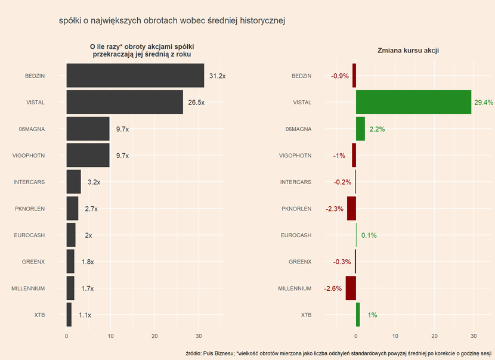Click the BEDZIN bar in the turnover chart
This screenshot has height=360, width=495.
pyautogui.click(x=135, y=76)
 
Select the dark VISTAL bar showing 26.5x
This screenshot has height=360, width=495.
pyautogui.click(x=125, y=103)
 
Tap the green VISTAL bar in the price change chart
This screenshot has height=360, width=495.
pyautogui.click(x=413, y=103)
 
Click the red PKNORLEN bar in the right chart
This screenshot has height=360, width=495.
pyautogui.click(x=351, y=209)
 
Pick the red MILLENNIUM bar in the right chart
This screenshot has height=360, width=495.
pyautogui.click(x=351, y=288)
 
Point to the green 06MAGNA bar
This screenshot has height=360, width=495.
pyautogui.click(x=360, y=129)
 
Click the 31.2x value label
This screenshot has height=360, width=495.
pyautogui.click(x=217, y=76)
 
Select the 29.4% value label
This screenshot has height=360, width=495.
pyautogui.click(x=484, y=103)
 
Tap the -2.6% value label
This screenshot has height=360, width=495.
pyautogui.click(x=333, y=289)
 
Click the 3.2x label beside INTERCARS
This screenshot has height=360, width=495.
pyautogui.click(x=94, y=182)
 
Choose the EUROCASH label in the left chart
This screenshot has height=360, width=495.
pyautogui.click(x=29, y=235)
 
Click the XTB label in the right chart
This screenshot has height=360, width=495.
pyautogui.click(x=306, y=315)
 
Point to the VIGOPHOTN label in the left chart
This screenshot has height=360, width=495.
pyautogui.click(x=29, y=156)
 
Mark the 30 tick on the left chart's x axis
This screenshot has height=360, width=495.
pyautogui.click(x=199, y=336)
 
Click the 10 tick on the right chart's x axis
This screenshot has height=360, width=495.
pyautogui.click(x=395, y=336)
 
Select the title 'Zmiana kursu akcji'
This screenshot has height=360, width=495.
pyautogui.click(x=409, y=51)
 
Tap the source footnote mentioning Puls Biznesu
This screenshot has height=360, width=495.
pyautogui.click(x=338, y=353)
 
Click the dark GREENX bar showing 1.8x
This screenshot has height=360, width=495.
pyautogui.click(x=70, y=262)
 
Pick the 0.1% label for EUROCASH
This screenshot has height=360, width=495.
pyautogui.click(x=369, y=235)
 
